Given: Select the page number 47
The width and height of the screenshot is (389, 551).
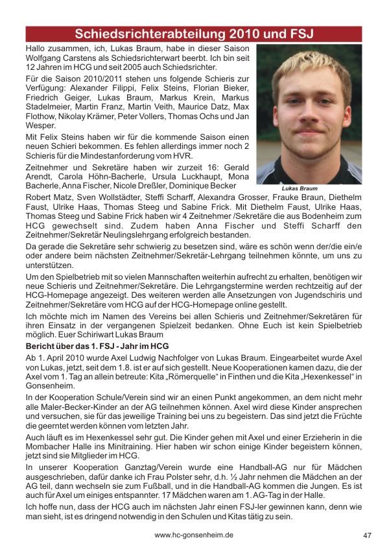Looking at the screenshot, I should click(367, 535).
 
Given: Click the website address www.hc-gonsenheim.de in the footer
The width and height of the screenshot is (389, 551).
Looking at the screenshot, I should click(194, 535).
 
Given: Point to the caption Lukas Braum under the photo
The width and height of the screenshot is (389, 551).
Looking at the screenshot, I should click(300, 188).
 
